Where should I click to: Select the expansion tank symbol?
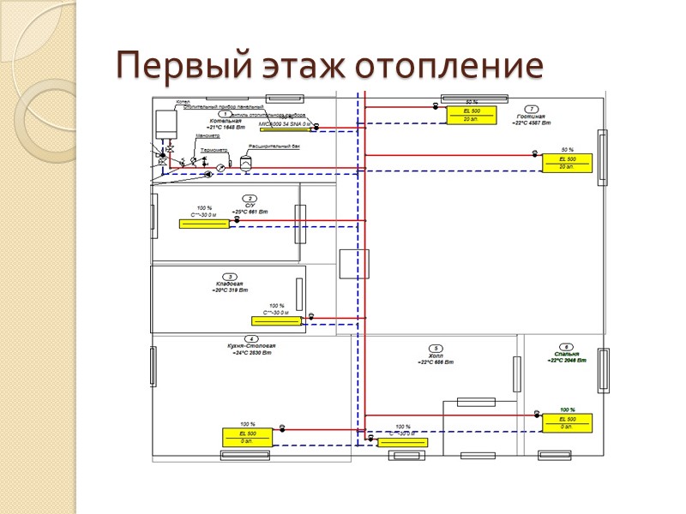(x=245, y=161)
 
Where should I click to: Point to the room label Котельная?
(x=214, y=121)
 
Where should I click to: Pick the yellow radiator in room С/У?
(x=203, y=224)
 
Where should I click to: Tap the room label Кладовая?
(x=230, y=284)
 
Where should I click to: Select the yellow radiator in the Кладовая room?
(x=276, y=320)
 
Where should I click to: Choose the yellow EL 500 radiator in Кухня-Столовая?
(x=247, y=437)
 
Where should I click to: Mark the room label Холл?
(x=436, y=356)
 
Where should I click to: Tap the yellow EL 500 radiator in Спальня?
(x=567, y=421)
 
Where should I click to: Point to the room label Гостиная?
(x=531, y=117)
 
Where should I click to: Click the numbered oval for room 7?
(x=532, y=109)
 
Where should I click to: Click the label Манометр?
(x=208, y=136)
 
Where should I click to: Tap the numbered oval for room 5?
(x=436, y=348)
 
